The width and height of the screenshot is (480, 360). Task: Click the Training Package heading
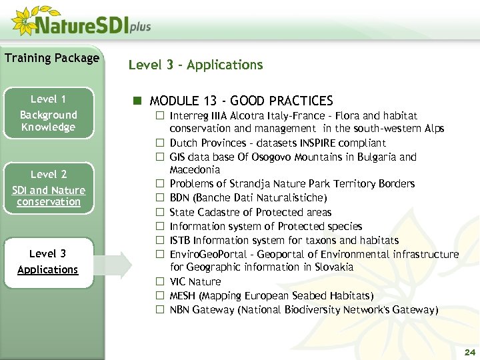tap(51, 58)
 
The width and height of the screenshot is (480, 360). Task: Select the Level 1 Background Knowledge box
tap(48, 113)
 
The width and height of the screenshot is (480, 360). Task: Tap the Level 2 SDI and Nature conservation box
tap(48, 187)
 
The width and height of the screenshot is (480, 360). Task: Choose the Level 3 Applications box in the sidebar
tap(48, 261)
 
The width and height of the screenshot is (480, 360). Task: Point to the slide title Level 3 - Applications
tap(195, 65)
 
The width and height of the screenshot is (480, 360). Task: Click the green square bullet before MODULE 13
tap(137, 101)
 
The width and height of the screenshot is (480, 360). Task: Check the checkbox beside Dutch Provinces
tap(160, 143)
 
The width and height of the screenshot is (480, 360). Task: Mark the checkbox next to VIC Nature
tap(160, 282)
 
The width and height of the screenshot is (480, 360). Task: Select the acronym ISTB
tap(181, 240)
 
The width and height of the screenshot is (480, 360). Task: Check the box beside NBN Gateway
tap(160, 310)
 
